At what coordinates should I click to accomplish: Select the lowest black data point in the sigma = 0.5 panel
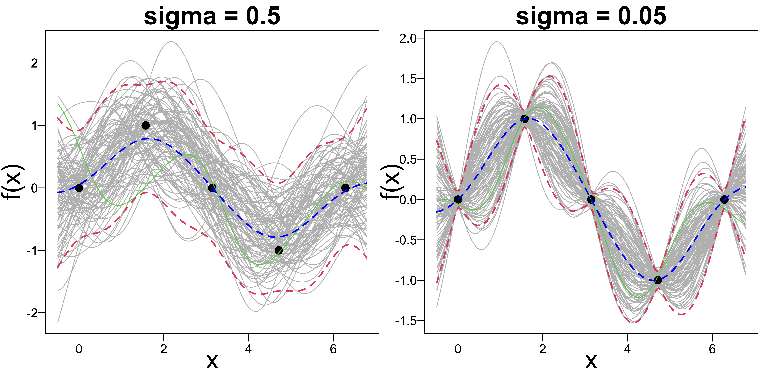pyautogui.click(x=279, y=250)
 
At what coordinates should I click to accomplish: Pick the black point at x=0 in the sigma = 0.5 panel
pyautogui.click(x=79, y=188)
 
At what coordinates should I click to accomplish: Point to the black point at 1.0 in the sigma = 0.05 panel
pyautogui.click(x=524, y=119)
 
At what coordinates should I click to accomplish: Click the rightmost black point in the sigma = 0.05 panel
pyautogui.click(x=724, y=200)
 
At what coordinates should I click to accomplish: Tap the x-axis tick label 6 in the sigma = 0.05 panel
pyautogui.click(x=712, y=349)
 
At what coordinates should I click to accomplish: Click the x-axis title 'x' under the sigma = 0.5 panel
pyautogui.click(x=212, y=362)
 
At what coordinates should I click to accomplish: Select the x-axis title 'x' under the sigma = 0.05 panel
pyautogui.click(x=591, y=362)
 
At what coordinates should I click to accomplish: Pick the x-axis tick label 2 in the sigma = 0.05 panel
pyautogui.click(x=543, y=349)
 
